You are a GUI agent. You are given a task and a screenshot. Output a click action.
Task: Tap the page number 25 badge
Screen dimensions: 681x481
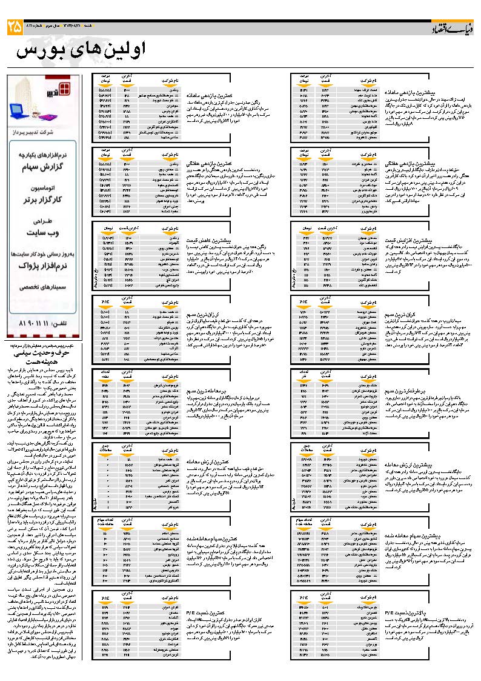15,27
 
